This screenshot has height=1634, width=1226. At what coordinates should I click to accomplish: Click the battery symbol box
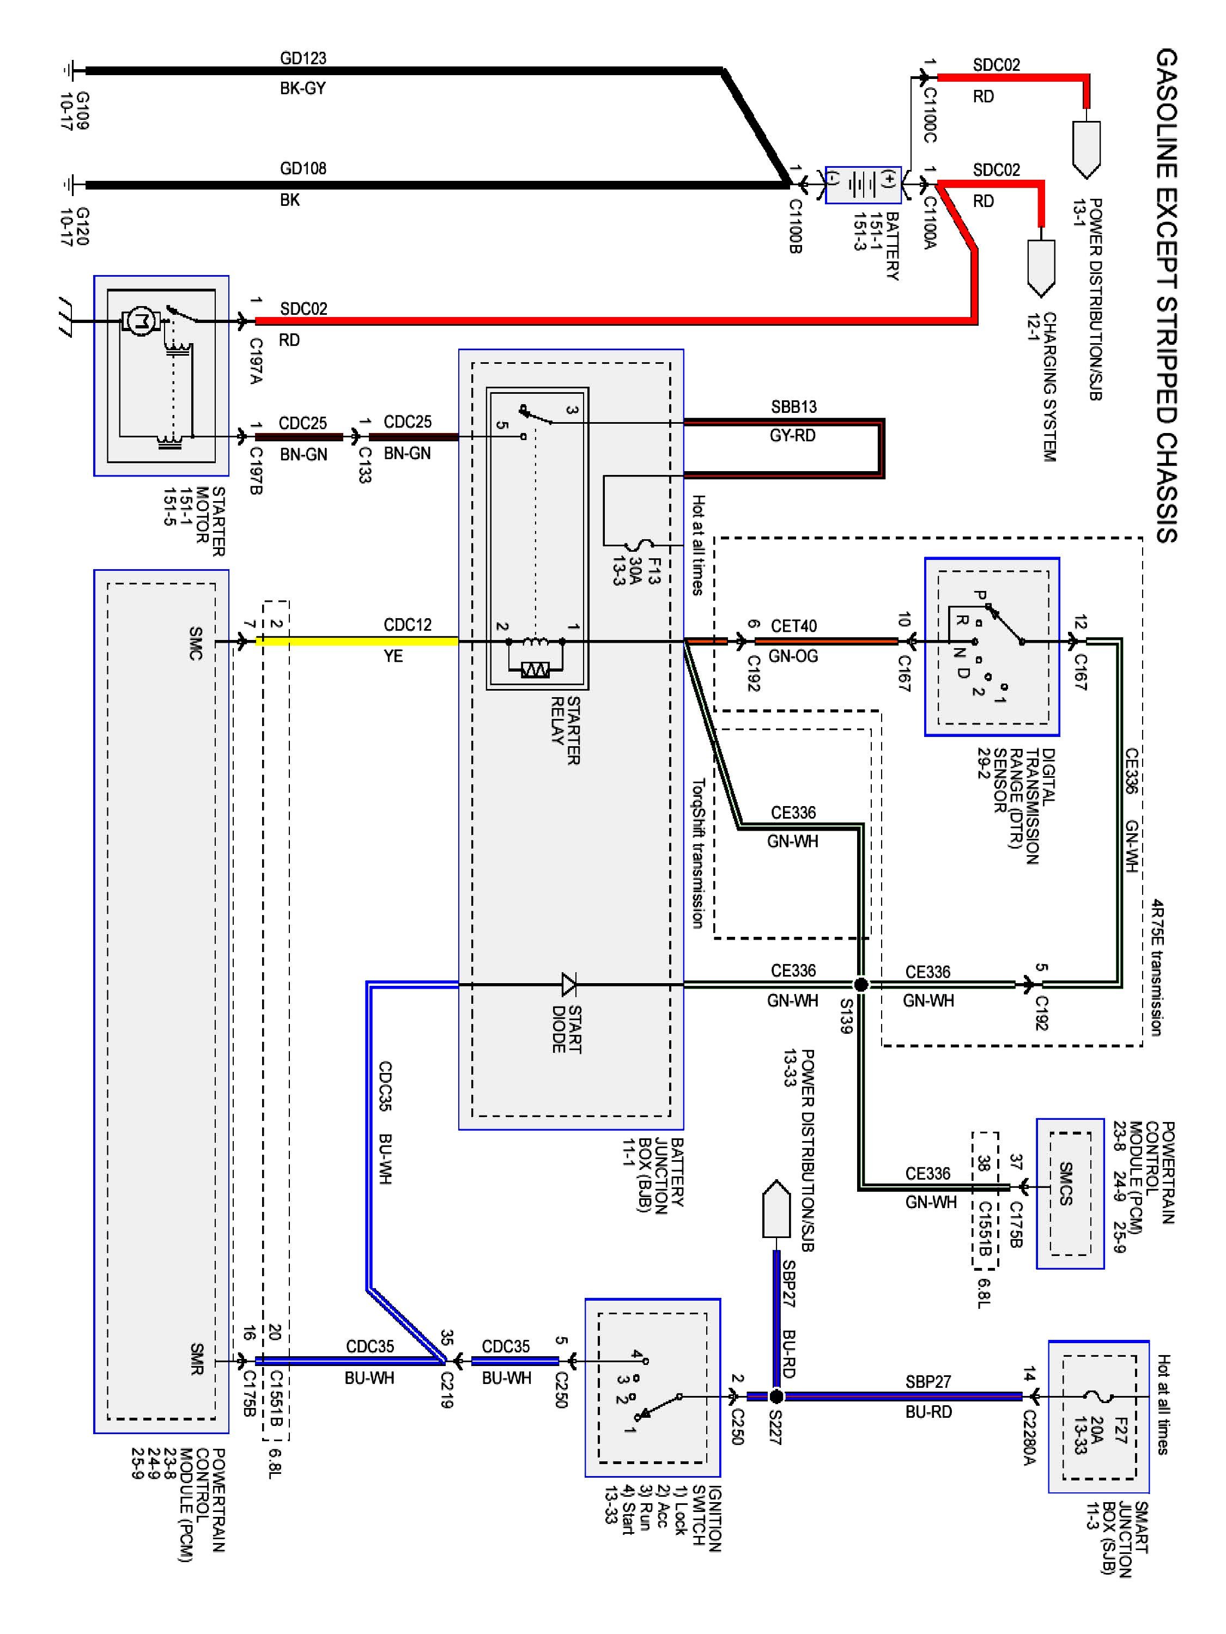tap(863, 184)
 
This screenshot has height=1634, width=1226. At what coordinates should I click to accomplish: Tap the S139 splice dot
tap(861, 984)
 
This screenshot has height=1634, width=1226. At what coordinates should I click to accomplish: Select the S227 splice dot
tap(776, 1396)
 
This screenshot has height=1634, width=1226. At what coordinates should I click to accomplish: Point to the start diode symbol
tap(569, 984)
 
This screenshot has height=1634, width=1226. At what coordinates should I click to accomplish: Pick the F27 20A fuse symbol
tap(1099, 1396)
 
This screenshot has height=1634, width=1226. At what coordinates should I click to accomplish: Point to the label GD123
tap(303, 58)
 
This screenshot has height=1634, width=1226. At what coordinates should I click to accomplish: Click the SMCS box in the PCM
tap(1069, 1193)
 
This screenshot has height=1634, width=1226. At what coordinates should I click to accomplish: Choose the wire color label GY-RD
tap(792, 436)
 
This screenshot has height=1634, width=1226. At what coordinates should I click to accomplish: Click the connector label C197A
tap(256, 361)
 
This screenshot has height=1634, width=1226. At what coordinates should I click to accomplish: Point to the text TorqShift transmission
tap(697, 853)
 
